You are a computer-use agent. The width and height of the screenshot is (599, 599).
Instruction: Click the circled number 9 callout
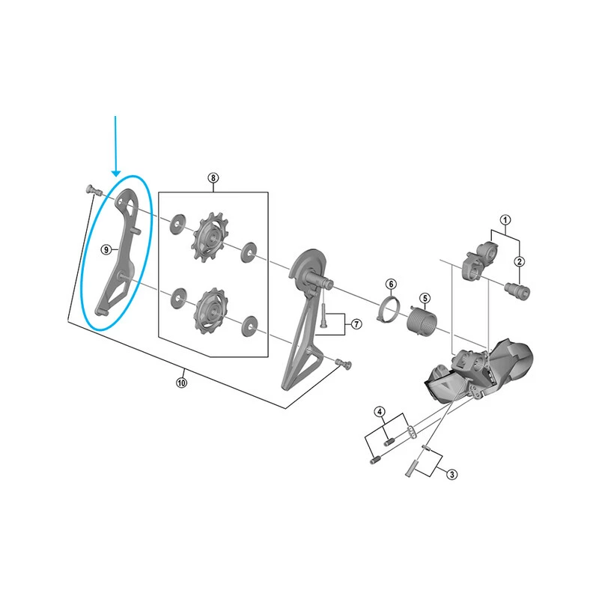[106, 250]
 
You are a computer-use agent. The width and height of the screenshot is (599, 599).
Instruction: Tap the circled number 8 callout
[213, 177]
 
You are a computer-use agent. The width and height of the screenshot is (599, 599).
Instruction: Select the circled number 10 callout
[181, 383]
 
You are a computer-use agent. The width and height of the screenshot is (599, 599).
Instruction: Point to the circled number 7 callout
[356, 324]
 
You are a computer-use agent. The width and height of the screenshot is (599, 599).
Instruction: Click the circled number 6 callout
[391, 285]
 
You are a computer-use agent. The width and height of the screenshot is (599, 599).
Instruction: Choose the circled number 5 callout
[425, 298]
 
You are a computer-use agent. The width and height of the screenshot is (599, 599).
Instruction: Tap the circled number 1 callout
[505, 220]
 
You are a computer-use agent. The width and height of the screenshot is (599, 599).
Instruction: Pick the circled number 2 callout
[519, 261]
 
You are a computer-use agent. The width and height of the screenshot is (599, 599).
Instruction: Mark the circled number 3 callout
[452, 475]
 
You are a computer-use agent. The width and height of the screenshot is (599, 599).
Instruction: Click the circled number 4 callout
[380, 412]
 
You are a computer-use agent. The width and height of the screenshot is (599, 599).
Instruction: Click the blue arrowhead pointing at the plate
[116, 174]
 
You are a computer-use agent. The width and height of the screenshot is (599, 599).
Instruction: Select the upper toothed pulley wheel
[210, 237]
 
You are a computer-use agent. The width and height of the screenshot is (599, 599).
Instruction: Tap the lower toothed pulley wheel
[211, 311]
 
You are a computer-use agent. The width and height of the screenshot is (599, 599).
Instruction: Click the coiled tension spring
[422, 321]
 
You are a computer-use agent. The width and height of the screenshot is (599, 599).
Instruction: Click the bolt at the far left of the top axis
[92, 190]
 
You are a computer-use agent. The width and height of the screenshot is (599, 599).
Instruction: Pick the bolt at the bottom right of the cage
[343, 363]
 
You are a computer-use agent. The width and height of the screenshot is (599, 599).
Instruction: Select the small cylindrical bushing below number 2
[517, 291]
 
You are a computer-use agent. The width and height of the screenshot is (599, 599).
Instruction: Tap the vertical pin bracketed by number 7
[324, 314]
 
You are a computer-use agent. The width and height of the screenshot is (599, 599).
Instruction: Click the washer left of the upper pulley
[177, 225]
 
